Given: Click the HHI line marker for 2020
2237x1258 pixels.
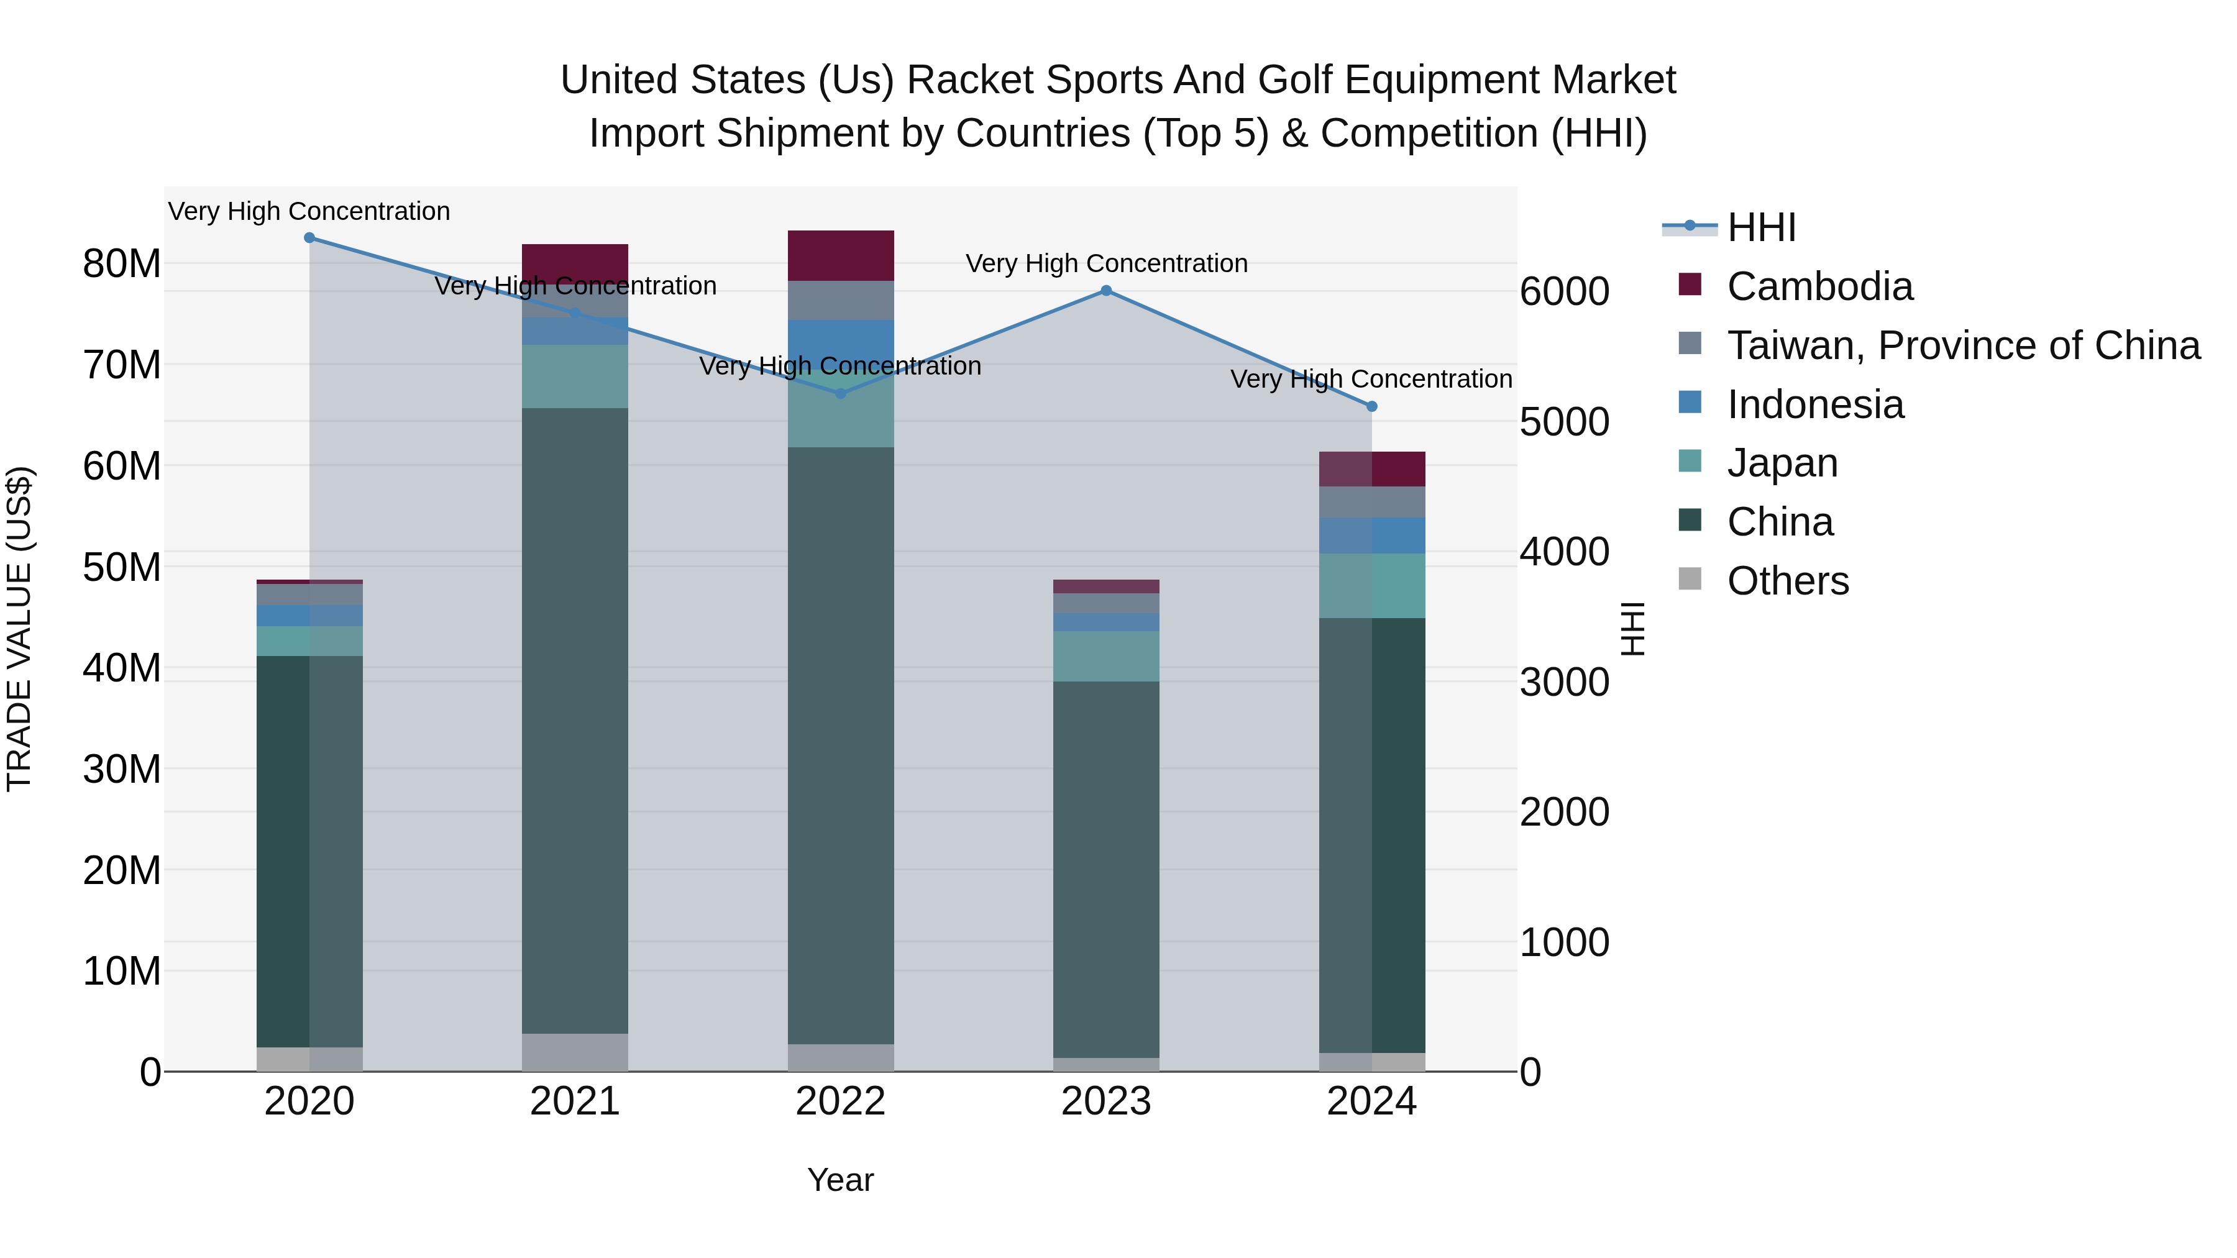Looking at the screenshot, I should (309, 238).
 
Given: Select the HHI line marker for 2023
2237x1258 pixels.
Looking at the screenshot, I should (1105, 291).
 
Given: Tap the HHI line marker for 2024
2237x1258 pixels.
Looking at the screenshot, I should (1371, 406).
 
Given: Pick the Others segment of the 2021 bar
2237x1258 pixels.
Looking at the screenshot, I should (574, 1052).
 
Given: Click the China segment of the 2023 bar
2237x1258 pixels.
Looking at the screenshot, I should (1105, 868).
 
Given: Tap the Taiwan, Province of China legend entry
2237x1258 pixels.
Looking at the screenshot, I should (1962, 345).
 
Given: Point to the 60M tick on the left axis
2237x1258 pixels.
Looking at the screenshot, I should (122, 466).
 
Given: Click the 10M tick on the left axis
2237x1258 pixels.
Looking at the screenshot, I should (122, 972).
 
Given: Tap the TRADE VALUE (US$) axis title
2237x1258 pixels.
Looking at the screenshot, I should (19, 629).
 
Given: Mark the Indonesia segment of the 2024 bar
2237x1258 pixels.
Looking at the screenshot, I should (1371, 536).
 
